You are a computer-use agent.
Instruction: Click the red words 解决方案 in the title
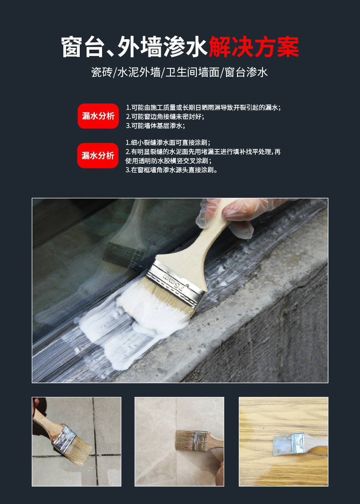pos(254,47)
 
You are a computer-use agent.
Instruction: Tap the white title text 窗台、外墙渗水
pos(135,47)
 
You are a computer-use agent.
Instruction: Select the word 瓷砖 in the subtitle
pos(101,72)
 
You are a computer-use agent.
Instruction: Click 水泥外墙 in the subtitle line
pos(139,72)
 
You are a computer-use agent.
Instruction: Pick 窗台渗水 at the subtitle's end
pos(246,72)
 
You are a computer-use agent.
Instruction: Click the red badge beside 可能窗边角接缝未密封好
pos(98,116)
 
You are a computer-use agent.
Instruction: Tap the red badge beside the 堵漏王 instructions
pos(98,155)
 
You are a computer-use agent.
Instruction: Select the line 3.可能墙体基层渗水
pos(155,126)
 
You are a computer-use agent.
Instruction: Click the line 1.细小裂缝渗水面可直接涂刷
pos(168,142)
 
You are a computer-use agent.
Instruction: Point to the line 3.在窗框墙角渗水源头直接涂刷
pos(171,170)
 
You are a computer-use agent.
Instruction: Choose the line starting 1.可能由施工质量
pos(203,108)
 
